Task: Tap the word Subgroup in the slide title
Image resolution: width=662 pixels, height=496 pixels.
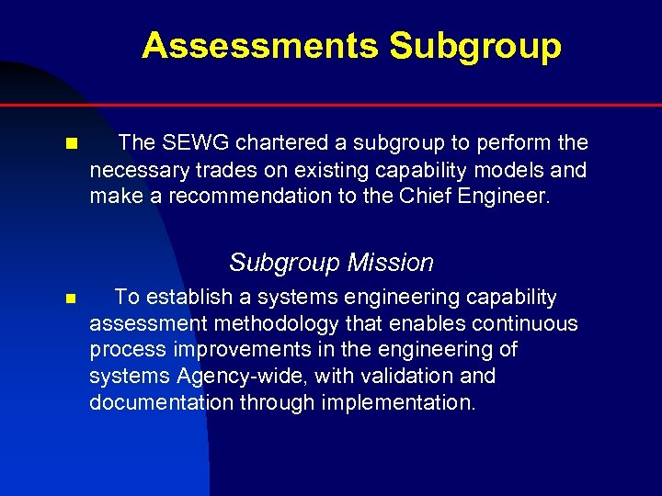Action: (x=474, y=45)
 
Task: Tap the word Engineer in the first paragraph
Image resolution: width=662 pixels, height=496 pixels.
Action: (x=509, y=196)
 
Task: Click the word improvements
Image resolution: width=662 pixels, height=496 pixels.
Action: (x=234, y=350)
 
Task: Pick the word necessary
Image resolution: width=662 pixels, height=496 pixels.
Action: (x=134, y=170)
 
